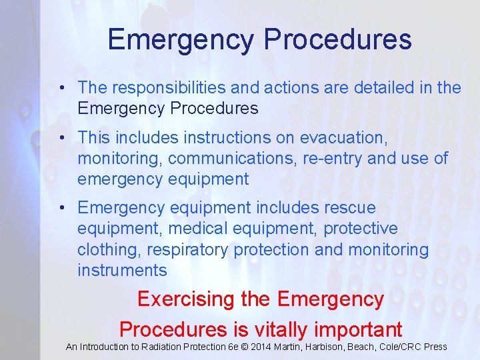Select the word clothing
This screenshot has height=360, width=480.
click(x=110, y=249)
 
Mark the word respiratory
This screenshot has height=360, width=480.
click(x=185, y=249)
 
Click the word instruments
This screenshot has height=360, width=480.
click(x=122, y=270)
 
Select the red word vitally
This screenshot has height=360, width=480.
click(x=281, y=329)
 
